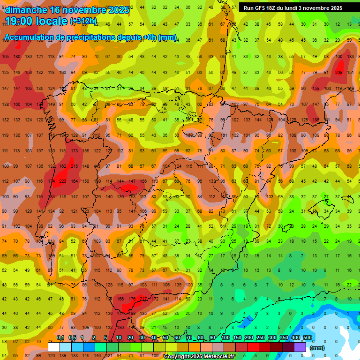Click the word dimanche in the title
coord(26,9)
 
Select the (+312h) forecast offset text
coord(83,21)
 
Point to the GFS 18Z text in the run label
coord(265,8)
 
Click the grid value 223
coord(62,181)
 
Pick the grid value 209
coord(339,72)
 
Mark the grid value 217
coord(142,298)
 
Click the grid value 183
coord(350,56)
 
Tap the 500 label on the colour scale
coord(307,337)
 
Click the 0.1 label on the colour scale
coord(60,337)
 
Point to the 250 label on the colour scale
coord(260,337)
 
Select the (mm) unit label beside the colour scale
coord(317,348)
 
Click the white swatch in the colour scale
coord(54,347)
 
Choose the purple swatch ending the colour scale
coord(300,347)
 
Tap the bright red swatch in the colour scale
coord(253,347)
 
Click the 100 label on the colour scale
coord(225,337)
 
